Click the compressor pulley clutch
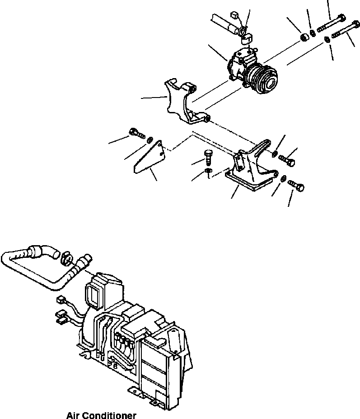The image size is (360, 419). tap(261, 78)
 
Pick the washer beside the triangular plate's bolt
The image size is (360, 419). tap(150, 139)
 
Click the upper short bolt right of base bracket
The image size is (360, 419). tap(288, 159)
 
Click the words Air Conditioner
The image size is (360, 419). tap(101, 414)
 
